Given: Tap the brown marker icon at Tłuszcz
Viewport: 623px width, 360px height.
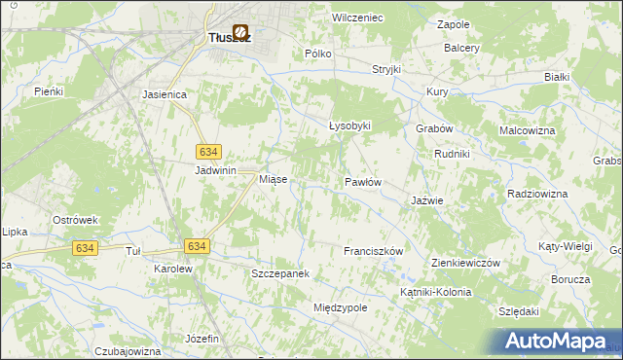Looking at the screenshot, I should (x=239, y=32).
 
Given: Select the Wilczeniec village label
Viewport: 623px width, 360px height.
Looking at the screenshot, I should (x=357, y=18).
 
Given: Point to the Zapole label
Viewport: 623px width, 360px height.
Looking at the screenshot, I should (x=454, y=23).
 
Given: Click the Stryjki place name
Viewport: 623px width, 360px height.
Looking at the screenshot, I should (x=386, y=70).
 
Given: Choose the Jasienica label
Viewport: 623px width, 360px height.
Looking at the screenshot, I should (x=164, y=95).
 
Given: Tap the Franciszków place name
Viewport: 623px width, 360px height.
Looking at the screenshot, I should (x=373, y=251).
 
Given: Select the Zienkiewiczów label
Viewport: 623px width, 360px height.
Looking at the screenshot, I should (x=465, y=263).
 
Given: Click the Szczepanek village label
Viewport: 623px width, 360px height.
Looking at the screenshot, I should (x=280, y=274).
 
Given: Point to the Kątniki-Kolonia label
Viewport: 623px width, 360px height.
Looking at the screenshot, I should (x=435, y=292).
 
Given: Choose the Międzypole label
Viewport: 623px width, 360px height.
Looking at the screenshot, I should (x=340, y=307).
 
